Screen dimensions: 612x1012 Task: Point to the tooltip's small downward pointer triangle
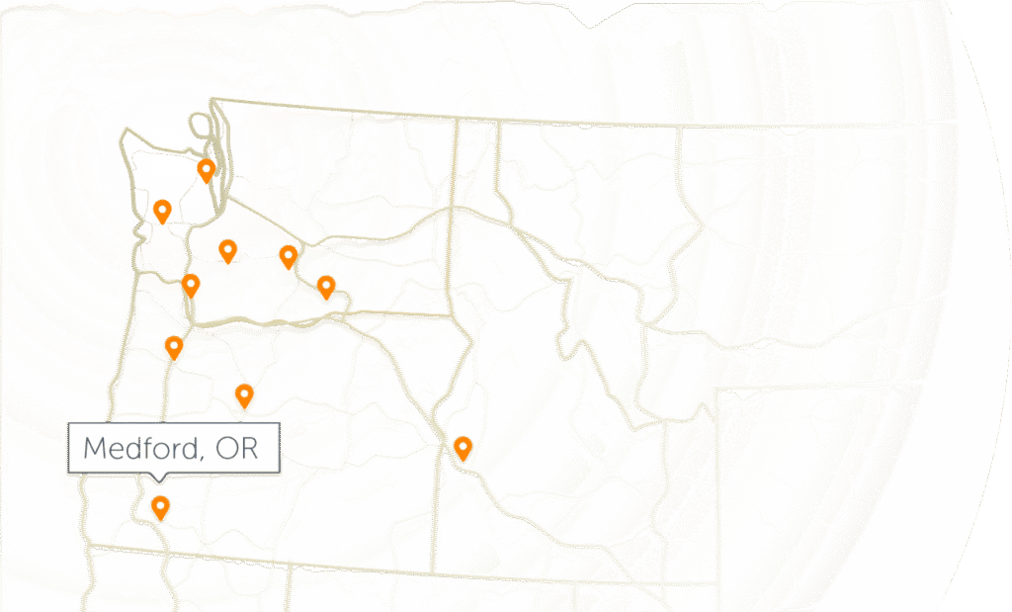point(158,479)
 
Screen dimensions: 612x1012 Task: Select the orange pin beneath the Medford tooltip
point(159,507)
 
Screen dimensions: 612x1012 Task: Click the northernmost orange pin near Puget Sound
point(206,170)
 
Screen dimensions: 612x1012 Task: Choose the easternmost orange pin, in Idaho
point(462,448)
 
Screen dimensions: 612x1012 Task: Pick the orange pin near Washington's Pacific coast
point(162,210)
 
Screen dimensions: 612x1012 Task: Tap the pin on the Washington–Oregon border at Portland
point(191,286)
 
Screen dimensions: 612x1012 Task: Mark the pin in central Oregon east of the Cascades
point(244,395)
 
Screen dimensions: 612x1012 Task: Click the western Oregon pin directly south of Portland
point(174,347)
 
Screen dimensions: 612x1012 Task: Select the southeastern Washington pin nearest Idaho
point(326,287)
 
